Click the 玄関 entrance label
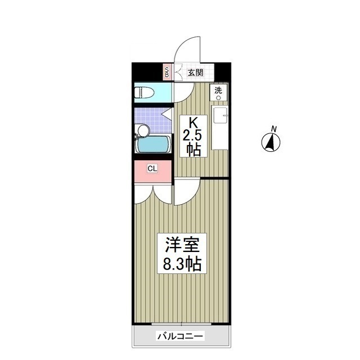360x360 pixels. tap(195, 73)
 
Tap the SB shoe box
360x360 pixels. tap(166, 72)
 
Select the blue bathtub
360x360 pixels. tap(153, 145)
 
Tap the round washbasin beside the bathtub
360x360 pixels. tap(143, 131)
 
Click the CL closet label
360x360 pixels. tap(152, 168)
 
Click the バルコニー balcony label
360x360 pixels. tap(181, 336)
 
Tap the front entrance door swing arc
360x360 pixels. tap(187, 49)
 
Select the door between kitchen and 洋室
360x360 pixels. tap(185, 191)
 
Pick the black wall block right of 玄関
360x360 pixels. tap(223, 72)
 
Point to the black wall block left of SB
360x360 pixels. tap(147, 72)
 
